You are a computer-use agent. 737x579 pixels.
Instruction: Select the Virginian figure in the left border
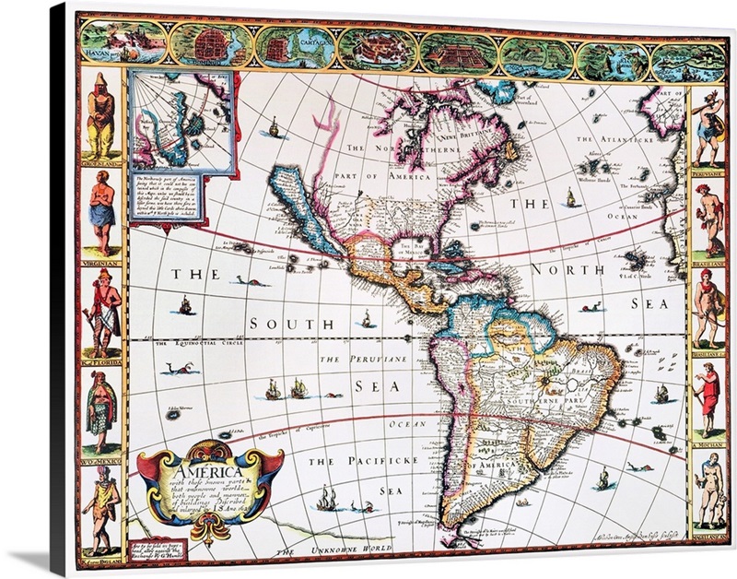(x=100, y=213)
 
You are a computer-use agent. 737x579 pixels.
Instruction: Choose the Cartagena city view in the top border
(x=295, y=47)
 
